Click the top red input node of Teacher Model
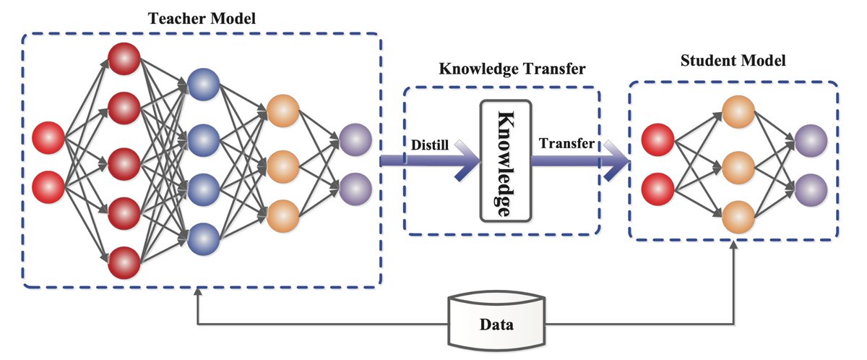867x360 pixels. [48, 138]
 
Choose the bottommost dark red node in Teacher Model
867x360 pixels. [124, 263]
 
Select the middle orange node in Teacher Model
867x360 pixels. [282, 166]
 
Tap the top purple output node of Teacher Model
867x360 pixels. [355, 140]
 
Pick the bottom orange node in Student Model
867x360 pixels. [738, 216]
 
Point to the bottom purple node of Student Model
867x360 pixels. [811, 188]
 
